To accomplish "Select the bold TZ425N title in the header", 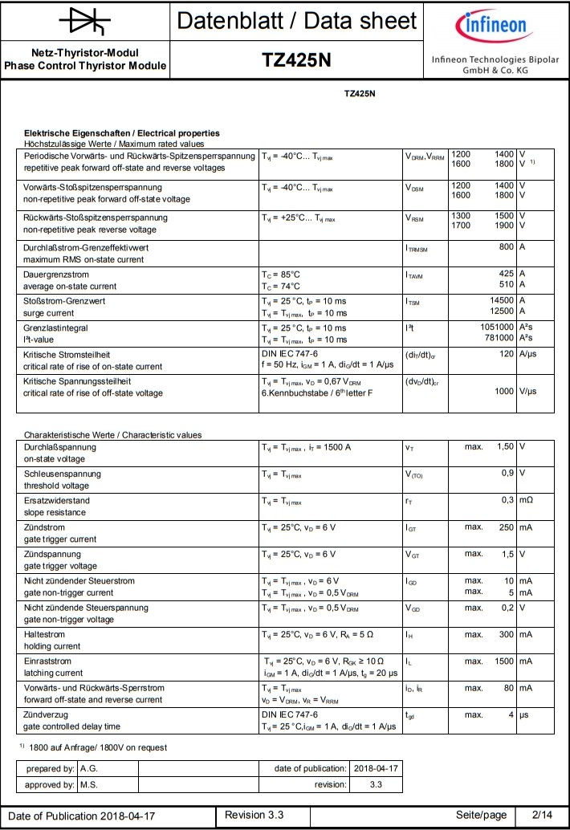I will point(296,60).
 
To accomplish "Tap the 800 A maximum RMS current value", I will point(506,246).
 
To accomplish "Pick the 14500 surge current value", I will point(499,300).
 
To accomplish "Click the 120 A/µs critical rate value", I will point(506,353).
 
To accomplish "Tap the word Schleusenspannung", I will point(63,474).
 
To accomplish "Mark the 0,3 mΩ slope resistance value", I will point(507,500).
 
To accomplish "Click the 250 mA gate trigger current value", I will point(505,527).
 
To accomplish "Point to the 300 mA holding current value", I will point(505,634).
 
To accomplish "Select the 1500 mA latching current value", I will point(503,661).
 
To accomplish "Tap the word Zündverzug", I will point(46,714).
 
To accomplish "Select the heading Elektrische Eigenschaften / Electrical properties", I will point(122,132).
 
